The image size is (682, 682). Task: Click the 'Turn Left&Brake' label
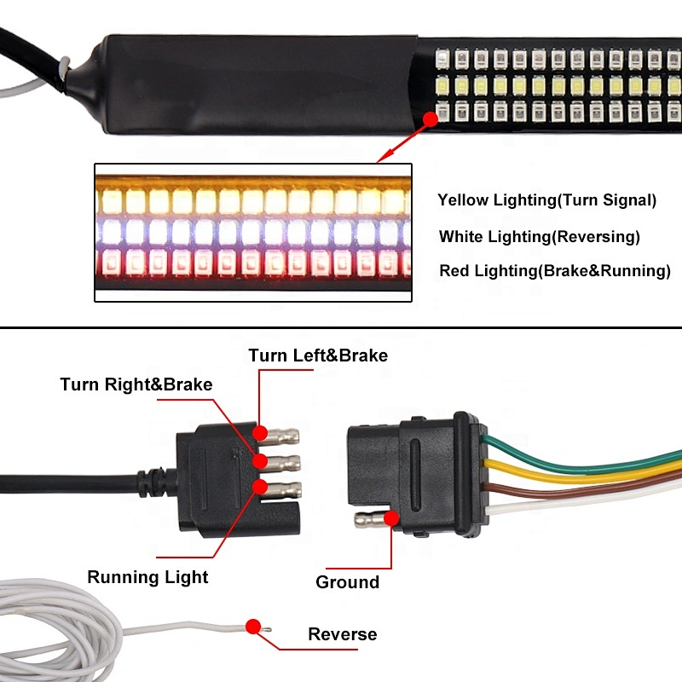318,355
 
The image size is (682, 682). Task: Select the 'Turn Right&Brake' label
136,384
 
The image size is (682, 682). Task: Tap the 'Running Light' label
147,577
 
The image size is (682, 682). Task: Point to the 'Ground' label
348,582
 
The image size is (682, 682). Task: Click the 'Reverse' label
343,634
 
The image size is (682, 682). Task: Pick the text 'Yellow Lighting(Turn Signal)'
546,200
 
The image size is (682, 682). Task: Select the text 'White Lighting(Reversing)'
540,237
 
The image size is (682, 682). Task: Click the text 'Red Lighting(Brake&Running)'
555,270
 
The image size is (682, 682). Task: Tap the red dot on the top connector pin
260,433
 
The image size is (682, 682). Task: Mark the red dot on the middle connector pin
260,461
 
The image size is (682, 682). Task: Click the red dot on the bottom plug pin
260,487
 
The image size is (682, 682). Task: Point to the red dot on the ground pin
391,518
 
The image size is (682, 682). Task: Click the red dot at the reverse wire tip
253,627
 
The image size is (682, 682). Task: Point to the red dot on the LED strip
431,119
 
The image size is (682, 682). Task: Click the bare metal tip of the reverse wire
266,629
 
